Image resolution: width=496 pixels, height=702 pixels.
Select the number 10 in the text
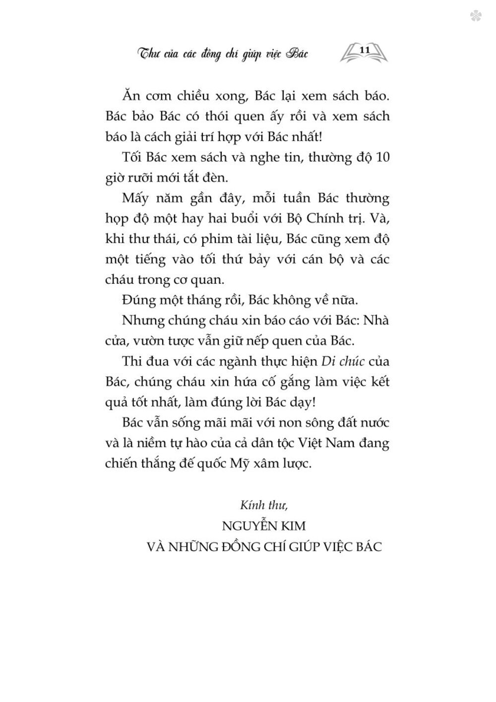(382, 157)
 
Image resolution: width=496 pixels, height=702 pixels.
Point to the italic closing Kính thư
(264, 506)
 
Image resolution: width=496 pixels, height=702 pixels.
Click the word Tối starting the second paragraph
(132, 157)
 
